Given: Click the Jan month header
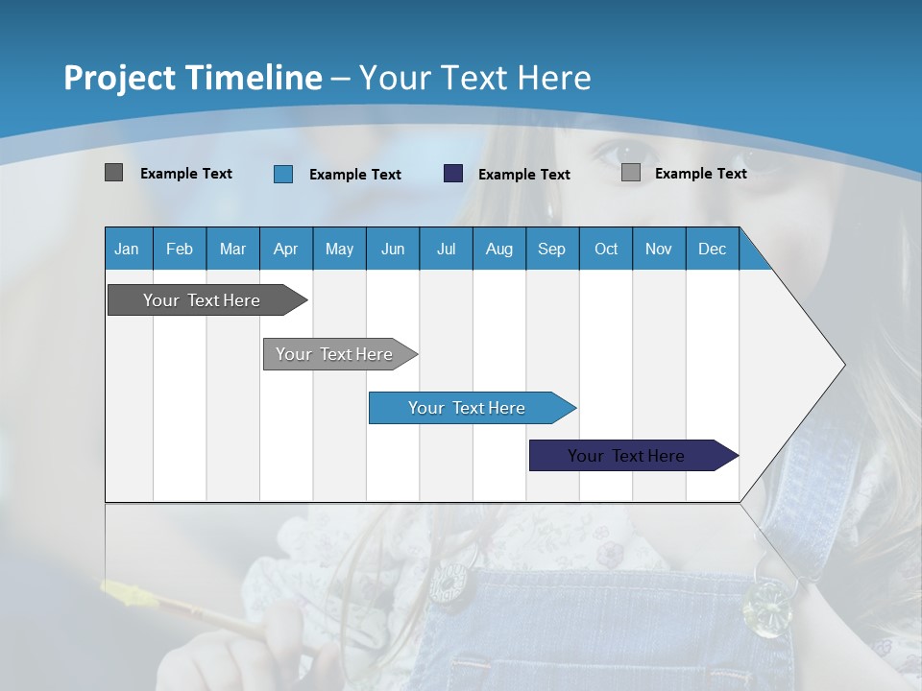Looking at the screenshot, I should [127, 249].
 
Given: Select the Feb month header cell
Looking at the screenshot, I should [180, 249].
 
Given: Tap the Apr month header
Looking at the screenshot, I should [285, 249].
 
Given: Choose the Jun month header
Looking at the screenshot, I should [393, 249].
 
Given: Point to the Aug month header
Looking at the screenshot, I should [498, 249].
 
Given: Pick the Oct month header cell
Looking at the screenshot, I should [606, 249].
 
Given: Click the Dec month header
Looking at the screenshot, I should [712, 249].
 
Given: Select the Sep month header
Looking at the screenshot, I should [551, 249].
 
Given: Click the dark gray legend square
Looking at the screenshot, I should [113, 173].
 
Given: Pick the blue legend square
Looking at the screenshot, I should [283, 174].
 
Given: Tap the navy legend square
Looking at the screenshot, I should [453, 173].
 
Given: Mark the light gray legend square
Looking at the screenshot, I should [631, 173].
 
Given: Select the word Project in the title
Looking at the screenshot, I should [120, 78].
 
